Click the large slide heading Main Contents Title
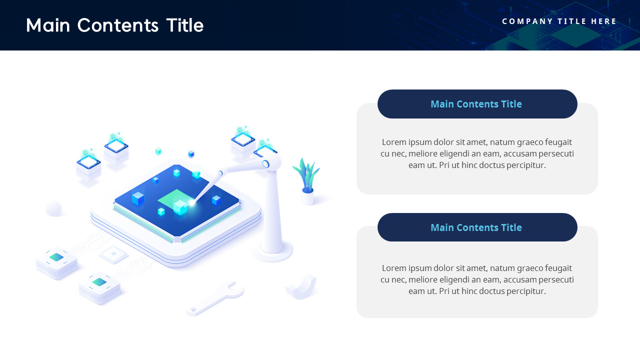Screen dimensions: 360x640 point(114,25)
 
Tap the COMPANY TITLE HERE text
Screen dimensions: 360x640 point(559,21)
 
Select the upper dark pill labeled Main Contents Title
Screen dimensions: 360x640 point(477,104)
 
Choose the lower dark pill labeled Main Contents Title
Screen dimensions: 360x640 point(477,227)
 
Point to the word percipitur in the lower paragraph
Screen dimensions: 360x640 point(524,291)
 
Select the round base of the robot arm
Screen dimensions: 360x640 point(272,251)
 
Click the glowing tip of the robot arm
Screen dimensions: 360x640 point(191,202)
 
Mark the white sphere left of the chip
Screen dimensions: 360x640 point(53,208)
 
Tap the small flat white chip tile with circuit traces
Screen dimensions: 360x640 point(114,254)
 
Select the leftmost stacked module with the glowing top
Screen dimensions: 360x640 point(88,166)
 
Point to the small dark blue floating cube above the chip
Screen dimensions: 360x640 point(191,154)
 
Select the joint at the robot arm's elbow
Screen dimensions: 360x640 point(266,163)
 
